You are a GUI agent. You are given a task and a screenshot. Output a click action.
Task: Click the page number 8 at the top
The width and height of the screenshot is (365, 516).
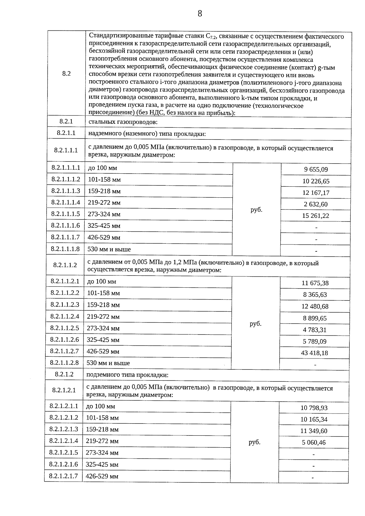200,14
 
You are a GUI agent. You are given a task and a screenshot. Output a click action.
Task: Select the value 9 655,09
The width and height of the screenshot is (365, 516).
316,170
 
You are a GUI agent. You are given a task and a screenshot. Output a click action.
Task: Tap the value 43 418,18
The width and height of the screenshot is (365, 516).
315,353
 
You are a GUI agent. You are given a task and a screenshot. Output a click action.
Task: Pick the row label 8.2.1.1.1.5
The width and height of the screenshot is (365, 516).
65,214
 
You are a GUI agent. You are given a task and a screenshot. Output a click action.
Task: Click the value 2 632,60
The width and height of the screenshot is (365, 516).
316,204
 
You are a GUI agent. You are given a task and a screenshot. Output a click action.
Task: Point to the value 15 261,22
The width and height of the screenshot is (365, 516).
316,216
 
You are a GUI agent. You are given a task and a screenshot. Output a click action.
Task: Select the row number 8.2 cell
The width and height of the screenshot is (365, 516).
66,74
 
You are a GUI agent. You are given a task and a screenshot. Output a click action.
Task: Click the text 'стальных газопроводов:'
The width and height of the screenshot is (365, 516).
123,122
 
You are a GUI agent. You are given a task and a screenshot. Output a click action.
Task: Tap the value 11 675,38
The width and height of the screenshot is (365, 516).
315,283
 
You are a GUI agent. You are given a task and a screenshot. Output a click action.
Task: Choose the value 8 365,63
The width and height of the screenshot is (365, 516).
315,295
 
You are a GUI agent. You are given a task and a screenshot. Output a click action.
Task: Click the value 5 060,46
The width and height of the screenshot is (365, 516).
314,442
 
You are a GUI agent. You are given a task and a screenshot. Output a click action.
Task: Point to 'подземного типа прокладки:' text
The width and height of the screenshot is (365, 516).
127,375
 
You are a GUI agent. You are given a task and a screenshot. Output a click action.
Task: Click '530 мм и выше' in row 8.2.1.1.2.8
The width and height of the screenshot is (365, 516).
108,363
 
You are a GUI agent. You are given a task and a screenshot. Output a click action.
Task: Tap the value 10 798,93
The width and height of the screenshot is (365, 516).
314,408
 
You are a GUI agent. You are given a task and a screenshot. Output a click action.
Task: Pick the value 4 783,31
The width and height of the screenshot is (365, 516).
315,330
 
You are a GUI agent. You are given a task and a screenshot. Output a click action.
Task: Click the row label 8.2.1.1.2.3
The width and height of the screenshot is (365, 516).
65,305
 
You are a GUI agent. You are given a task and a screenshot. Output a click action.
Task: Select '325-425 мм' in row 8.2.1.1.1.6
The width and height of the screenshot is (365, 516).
104,226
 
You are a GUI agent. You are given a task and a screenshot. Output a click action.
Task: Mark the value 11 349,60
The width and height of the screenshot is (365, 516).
314,431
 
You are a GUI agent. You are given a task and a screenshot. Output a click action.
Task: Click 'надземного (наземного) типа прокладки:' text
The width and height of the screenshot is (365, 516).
147,134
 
